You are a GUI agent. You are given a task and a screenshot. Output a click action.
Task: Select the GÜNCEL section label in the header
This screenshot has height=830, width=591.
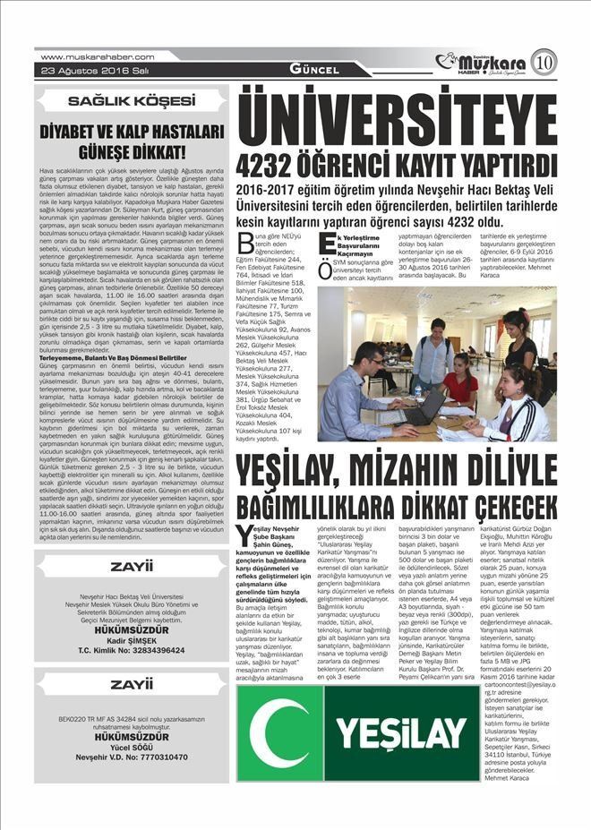[314, 70]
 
